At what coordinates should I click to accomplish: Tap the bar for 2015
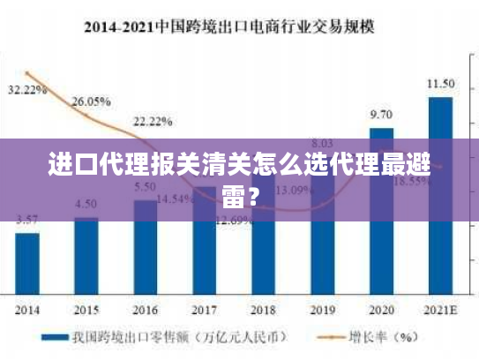pos(86,256)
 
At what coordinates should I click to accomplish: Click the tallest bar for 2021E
pos(440,194)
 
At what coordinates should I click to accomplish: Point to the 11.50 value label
pos(441,84)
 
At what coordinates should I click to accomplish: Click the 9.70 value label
pos(381,114)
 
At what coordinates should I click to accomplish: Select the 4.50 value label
pos(86,204)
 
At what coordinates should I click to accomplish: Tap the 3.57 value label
pos(27,219)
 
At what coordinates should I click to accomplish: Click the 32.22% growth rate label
pos(27,90)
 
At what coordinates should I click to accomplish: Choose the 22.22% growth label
pos(153,121)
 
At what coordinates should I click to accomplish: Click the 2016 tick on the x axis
pos(145,310)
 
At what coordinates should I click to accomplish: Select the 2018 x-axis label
pos(263,310)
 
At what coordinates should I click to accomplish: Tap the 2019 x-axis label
pos(322,310)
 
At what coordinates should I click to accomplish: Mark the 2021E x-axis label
pos(440,310)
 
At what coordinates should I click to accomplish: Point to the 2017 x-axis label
pos(204,310)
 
